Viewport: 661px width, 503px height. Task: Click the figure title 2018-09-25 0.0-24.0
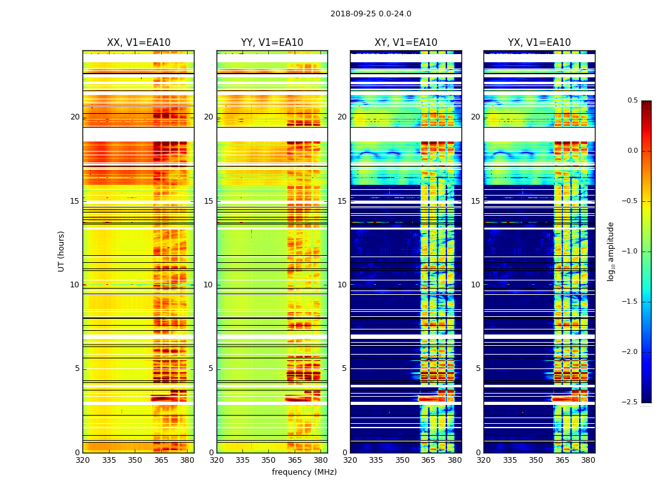371,14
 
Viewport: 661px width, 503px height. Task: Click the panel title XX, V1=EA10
138,43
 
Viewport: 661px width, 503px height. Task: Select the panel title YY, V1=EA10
272,43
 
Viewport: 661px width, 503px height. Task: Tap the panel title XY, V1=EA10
405,43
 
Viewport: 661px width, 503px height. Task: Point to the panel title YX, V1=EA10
540,43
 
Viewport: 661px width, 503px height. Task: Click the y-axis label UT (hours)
62,251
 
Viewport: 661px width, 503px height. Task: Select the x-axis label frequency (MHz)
304,472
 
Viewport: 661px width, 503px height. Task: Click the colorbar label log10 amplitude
611,251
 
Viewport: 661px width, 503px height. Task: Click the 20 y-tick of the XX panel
75,117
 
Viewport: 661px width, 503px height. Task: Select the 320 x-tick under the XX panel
82,460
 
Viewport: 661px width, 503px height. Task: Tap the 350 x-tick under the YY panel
269,460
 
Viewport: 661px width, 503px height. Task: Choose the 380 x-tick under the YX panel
588,460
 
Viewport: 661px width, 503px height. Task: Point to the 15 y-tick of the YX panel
476,201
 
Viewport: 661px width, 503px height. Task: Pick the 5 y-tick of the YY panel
211,368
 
